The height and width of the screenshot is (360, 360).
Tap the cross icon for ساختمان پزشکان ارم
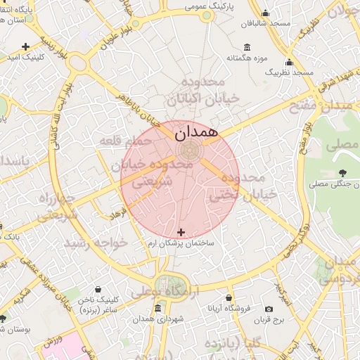tap(181, 232)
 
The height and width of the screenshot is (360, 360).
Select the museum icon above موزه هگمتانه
tap(246, 47)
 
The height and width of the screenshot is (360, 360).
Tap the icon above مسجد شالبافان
tap(265, 13)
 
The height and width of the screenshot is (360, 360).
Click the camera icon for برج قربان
tap(269, 309)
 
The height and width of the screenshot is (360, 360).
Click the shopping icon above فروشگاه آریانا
tap(228, 298)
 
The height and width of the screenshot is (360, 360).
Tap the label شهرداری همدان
tap(162, 319)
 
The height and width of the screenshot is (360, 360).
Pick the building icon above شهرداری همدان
tap(157, 309)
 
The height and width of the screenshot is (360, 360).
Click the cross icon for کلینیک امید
tap(26, 46)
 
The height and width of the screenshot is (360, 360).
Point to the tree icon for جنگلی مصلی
tap(342, 173)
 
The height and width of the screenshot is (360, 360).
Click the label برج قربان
tap(268, 319)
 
